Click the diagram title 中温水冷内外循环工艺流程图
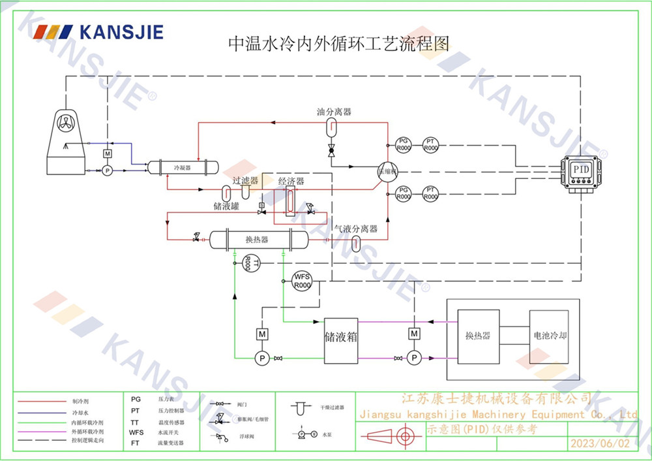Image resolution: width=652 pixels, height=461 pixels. (338, 44)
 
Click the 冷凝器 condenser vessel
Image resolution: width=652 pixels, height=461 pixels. (181, 167)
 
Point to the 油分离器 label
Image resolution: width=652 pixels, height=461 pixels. (334, 112)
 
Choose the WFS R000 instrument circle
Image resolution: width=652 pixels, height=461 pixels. (302, 281)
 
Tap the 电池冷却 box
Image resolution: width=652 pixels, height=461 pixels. (550, 337)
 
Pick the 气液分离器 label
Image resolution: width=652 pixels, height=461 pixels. (356, 229)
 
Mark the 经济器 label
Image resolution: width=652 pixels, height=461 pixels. (291, 181)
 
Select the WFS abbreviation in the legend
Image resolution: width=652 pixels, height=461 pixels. (136, 432)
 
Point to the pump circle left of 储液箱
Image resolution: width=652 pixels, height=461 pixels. (261, 358)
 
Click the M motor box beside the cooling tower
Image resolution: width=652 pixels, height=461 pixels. (108, 153)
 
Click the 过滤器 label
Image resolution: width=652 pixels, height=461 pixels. (245, 180)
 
